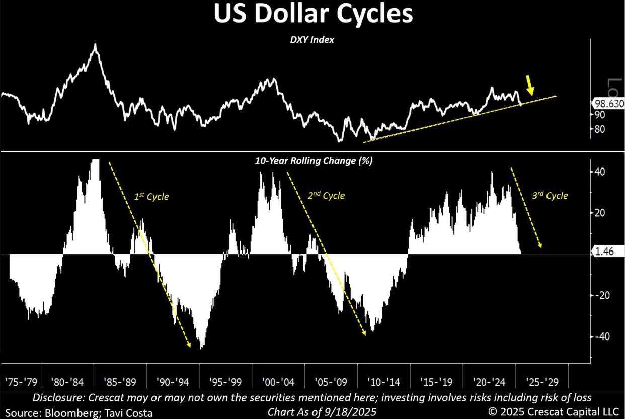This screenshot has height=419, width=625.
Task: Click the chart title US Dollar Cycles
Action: point(312,15)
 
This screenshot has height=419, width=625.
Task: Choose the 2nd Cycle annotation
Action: point(327,195)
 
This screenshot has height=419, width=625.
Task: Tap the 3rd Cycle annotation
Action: point(550,195)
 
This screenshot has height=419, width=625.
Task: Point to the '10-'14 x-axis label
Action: point(384,382)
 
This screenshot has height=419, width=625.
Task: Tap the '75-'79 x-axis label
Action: point(20,382)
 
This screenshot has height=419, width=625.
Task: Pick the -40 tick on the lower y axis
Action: point(600,336)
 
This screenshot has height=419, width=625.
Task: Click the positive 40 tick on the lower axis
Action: point(599,172)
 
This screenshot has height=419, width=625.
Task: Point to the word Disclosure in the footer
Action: point(56,397)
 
